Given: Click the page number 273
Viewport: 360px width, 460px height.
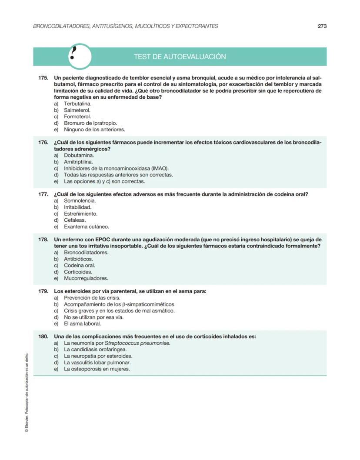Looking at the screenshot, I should [322, 26].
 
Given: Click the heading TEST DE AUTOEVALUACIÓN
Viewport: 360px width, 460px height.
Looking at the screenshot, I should [180, 57].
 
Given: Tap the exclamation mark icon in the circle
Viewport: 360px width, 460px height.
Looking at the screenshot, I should [80, 57].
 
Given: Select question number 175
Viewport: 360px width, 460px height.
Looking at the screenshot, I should [43, 78].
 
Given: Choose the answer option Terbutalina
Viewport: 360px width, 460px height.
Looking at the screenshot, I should [77, 104].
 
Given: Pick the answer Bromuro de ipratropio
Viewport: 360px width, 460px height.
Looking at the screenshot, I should [90, 123].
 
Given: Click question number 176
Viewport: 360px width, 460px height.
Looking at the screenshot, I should [43, 143].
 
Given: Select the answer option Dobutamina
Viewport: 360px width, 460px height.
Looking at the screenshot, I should [79, 155].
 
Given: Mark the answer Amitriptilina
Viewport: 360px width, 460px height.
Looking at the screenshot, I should [78, 162].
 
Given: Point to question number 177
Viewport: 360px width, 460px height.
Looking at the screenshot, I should [43, 194].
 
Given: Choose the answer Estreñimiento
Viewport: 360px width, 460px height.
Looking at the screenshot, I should [80, 213].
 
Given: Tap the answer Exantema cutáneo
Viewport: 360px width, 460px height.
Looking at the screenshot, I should [86, 227].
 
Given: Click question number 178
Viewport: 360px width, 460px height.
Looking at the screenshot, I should [43, 240].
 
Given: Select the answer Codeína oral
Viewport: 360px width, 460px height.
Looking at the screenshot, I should [79, 265].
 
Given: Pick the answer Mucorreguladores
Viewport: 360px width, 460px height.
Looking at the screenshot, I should [86, 278].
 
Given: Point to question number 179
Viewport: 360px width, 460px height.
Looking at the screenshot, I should [43, 291].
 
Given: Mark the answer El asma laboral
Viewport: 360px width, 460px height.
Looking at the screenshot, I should [82, 323].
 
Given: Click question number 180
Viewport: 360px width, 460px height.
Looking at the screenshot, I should [43, 337].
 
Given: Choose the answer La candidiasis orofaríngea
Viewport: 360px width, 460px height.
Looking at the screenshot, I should [95, 350].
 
